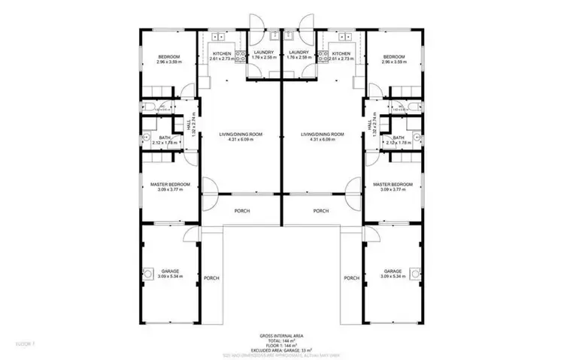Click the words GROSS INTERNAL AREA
tap(282, 337)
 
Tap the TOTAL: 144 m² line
tap(282, 341)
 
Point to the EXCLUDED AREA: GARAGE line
tap(282, 350)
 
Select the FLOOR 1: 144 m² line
tap(282, 346)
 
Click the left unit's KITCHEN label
tap(221, 53)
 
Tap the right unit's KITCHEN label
tap(341, 53)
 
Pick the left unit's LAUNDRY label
tap(264, 52)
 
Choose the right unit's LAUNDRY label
tap(299, 52)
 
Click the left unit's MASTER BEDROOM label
tap(169, 184)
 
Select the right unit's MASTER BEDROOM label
tap(393, 184)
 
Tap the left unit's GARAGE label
tap(169, 271)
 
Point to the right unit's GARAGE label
tap(393, 271)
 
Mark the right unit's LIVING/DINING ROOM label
tap(323, 134)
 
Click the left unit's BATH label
tap(164, 138)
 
